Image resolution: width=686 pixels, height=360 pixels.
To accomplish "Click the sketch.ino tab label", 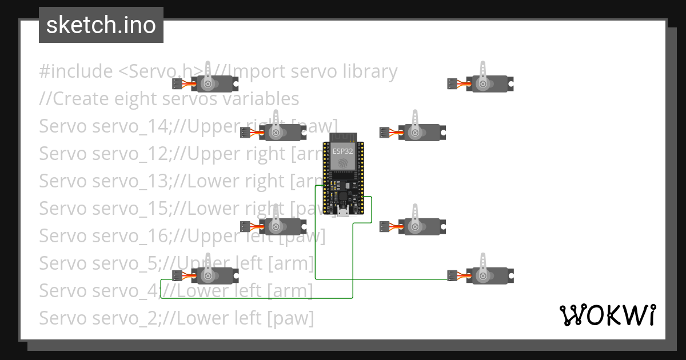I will (x=101, y=25).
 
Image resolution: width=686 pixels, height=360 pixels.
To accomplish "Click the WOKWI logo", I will (x=607, y=315).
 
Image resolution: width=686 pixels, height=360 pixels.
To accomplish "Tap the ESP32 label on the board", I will (x=342, y=151).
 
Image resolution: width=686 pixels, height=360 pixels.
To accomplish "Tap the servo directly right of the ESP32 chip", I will (x=421, y=133).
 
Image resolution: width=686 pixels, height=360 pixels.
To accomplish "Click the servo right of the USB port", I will (x=421, y=227).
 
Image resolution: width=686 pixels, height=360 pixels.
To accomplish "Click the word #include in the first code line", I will (x=75, y=71).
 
